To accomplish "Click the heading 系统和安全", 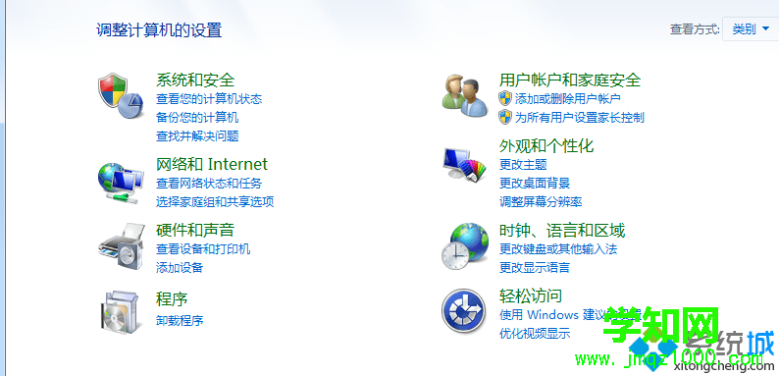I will pos(195,80).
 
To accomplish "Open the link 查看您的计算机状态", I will pos(209,99).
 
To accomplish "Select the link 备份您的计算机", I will pos(197,118).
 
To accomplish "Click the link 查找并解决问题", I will pos(197,136).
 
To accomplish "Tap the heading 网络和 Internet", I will pos(212,164).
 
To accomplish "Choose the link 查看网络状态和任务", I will pos(209,184).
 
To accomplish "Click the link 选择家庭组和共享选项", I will pos(215,202).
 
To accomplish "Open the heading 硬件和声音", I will pos(195,230).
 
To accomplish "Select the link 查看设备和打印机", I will pos(203,249).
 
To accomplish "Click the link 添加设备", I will pos(180,268).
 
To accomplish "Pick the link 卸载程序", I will pos(180,320).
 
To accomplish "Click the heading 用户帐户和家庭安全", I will pos(570,80).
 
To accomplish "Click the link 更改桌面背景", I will pos(535,184).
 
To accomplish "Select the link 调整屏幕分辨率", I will pos(541,202).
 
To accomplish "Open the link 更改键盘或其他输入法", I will pos(558,249).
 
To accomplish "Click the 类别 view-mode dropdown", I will pos(751,29).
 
